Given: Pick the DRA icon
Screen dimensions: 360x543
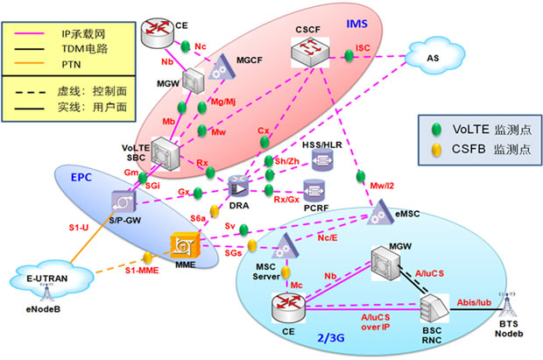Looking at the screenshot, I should (237, 187).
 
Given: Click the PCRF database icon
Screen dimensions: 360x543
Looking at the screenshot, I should (314, 189).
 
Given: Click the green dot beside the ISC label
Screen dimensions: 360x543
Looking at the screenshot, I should (349, 57).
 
